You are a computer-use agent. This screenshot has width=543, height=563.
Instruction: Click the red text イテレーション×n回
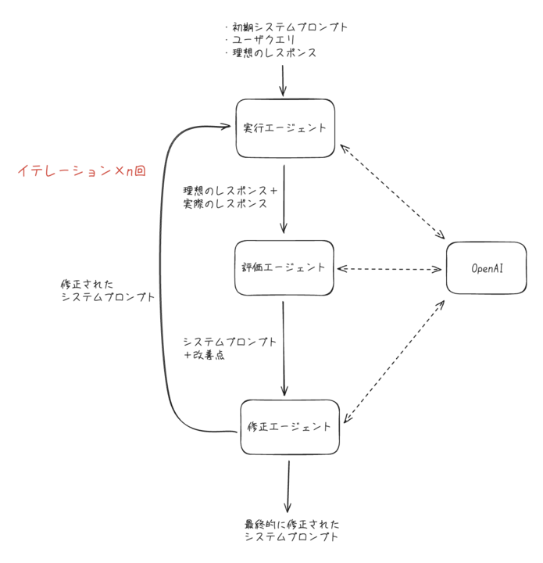tap(82, 170)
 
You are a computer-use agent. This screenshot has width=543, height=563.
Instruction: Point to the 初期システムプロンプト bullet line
tap(287, 27)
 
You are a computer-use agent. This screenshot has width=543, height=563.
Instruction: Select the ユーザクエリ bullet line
tap(260, 40)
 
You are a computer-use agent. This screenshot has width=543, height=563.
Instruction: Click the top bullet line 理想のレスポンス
tap(271, 53)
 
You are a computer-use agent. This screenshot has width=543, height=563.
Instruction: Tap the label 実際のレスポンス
tap(225, 203)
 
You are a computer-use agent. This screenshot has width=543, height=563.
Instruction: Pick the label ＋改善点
tap(204, 355)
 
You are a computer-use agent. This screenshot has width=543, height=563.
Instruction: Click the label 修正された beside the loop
tap(87, 285)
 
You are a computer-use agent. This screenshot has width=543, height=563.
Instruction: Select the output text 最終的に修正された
tap(292, 524)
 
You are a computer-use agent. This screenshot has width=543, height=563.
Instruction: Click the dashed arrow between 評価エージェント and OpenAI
tap(390, 268)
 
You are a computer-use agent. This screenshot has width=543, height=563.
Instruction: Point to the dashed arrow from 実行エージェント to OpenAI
tap(392, 192)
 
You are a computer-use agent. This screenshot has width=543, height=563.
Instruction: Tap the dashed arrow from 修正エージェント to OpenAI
tap(394, 361)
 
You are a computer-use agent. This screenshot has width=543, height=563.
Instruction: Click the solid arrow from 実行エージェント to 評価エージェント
tap(284, 199)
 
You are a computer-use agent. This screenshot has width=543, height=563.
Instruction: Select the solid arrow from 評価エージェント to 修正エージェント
tap(284, 348)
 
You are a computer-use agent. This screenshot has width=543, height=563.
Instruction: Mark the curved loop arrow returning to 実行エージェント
tap(160, 280)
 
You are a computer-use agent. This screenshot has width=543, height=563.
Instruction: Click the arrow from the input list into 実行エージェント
tap(283, 81)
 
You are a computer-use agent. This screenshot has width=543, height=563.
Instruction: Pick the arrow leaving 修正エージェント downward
tap(288, 486)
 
